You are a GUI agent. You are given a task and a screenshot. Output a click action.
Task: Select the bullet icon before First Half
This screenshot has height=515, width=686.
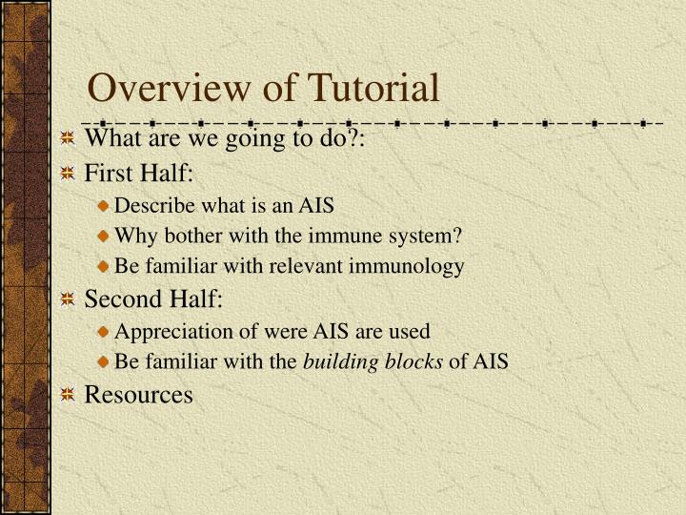point(68,173)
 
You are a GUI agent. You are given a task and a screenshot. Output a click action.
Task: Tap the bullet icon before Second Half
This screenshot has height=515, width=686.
point(68,300)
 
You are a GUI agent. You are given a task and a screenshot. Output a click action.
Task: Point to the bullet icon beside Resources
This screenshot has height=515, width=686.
point(68,394)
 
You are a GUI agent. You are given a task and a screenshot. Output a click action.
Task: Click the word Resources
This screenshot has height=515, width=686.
point(139,394)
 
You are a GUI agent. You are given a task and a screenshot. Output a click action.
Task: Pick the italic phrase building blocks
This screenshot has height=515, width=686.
point(373,362)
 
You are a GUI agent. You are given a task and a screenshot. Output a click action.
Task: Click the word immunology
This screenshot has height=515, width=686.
point(411,266)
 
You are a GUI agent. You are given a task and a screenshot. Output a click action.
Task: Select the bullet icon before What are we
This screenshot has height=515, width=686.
point(68,139)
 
